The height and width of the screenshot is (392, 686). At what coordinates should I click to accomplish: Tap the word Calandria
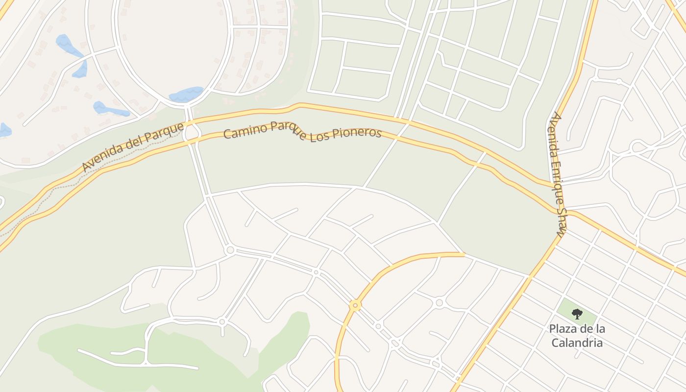tap(577, 343)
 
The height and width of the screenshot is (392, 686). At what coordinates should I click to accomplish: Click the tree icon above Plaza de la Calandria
tap(577, 314)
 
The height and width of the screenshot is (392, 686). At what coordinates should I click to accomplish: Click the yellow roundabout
tap(355, 306)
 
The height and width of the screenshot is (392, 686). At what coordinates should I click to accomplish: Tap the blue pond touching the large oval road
tap(186, 94)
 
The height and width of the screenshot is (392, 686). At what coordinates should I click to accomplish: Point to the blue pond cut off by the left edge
tap(4, 130)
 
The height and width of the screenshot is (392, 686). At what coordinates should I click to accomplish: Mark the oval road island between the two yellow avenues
tap(192, 133)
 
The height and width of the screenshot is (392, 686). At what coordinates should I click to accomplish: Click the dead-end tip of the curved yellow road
tap(463, 254)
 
